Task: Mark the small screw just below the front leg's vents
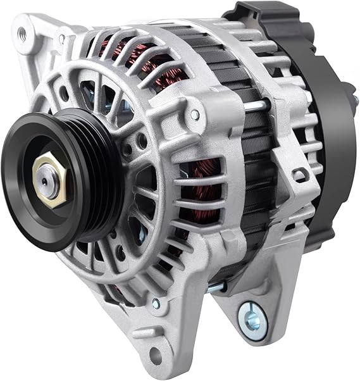coord(156,304)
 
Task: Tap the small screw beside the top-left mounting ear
coord(62,40)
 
